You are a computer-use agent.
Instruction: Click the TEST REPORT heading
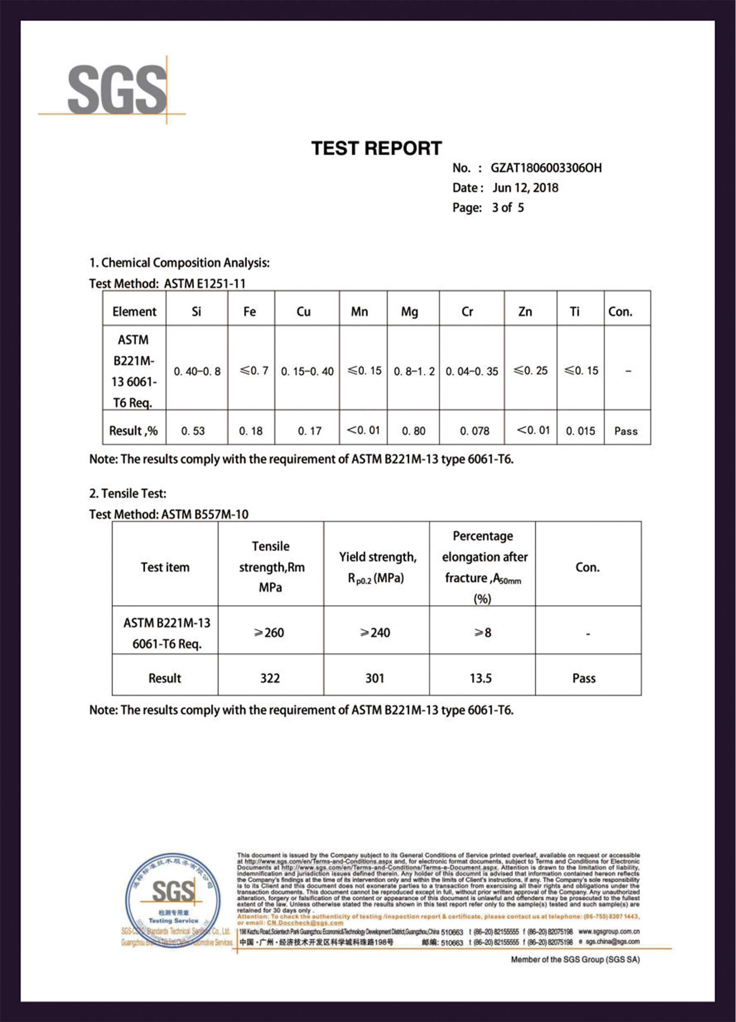[x=376, y=148]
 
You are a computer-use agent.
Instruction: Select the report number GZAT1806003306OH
[x=546, y=168]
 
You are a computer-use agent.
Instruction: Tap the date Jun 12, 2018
[x=525, y=188]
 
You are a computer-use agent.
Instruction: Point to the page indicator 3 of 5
[x=507, y=208]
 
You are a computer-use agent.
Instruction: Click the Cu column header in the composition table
[x=303, y=312]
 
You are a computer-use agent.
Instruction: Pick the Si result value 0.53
[x=193, y=431]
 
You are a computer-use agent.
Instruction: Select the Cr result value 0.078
[x=474, y=431]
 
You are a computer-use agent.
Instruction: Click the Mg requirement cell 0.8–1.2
[x=414, y=371]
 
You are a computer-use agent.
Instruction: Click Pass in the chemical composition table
[x=626, y=431]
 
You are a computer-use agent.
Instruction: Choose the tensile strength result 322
[x=269, y=678]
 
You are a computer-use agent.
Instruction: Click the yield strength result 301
[x=375, y=678]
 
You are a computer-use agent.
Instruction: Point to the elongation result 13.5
[x=480, y=678]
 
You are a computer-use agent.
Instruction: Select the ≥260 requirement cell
[x=269, y=633]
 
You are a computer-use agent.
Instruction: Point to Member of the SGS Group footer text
[x=574, y=959]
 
